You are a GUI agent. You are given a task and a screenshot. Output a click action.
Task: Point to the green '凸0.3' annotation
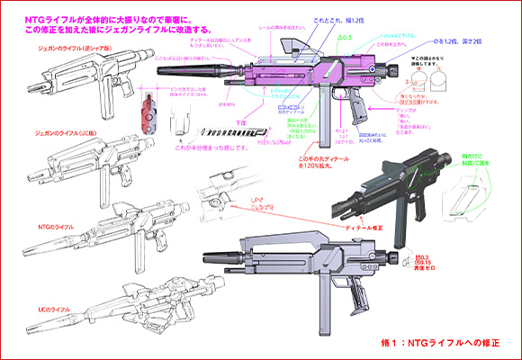click(342, 37)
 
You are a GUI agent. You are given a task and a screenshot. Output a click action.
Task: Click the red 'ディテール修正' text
click(364, 226)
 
